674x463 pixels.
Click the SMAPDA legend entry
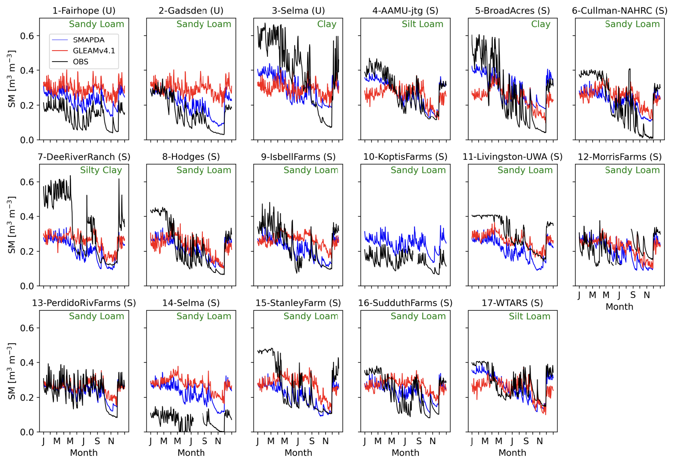pos(88,40)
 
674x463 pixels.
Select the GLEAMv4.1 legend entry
pos(94,51)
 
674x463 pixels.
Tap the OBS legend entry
pos(81,62)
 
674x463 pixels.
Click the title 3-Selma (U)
pos(298,11)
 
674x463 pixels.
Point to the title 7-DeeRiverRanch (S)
pos(84,157)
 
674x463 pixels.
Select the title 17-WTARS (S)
pos(512,303)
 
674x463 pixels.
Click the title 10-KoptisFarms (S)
pos(405,157)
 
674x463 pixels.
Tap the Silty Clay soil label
pos(101,170)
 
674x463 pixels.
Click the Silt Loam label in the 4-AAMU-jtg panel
pos(422,24)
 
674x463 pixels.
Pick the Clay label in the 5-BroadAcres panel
pos(540,24)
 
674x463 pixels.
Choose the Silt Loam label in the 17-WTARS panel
pos(529,316)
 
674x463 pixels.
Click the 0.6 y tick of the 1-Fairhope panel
pos(27,36)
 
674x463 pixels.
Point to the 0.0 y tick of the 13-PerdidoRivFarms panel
pos(27,432)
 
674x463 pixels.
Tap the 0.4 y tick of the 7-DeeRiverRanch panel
pos(27,217)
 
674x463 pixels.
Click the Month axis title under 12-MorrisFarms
pos(619,307)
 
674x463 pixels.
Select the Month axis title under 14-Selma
pos(191,453)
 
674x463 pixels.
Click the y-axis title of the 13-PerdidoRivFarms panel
pos(12,371)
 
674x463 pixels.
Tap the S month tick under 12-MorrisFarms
pos(633,295)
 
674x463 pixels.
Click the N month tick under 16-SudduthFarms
pos(432,441)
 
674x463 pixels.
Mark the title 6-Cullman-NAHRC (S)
pos(619,11)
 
